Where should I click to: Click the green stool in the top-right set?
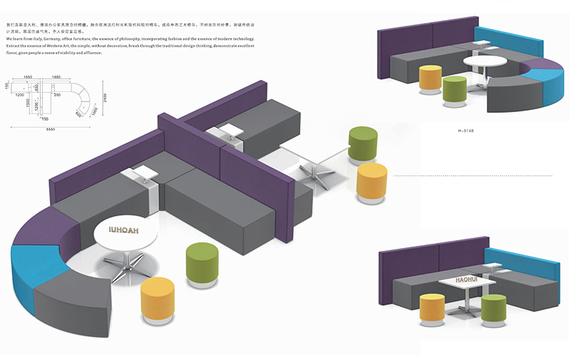point(455,89)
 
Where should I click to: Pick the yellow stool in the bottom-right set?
point(431,308)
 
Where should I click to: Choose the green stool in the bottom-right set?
point(492,309)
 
